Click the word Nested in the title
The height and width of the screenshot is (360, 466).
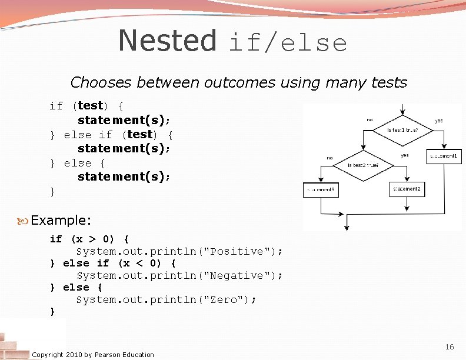(168, 41)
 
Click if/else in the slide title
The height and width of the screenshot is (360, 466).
(288, 44)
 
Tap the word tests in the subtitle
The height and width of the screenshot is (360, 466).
(389, 83)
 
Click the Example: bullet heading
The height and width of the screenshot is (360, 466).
(61, 221)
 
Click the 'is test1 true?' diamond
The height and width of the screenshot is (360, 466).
(403, 129)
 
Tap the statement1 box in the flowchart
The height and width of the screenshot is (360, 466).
(444, 156)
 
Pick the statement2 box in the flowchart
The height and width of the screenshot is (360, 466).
(407, 189)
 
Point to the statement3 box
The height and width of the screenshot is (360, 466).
(321, 190)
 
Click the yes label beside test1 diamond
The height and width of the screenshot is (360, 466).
(439, 121)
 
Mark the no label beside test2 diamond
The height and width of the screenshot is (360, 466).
(329, 158)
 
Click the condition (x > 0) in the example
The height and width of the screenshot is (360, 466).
(92, 239)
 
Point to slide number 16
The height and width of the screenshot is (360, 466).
(450, 347)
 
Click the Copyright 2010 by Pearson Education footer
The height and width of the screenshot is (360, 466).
(93, 355)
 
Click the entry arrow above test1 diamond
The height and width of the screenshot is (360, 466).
(402, 110)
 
